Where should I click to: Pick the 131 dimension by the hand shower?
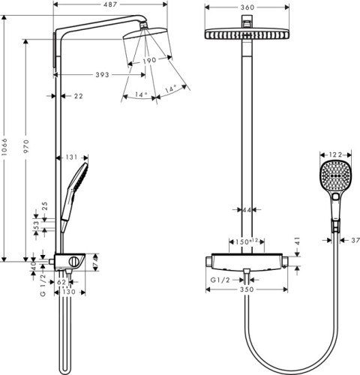pos(72,157)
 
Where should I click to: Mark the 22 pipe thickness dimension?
pos(79,95)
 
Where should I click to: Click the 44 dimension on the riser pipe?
pos(246,210)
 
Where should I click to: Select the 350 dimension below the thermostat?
pos(247,289)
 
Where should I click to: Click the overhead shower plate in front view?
pos(246,34)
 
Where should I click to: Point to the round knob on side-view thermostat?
pos(74,261)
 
